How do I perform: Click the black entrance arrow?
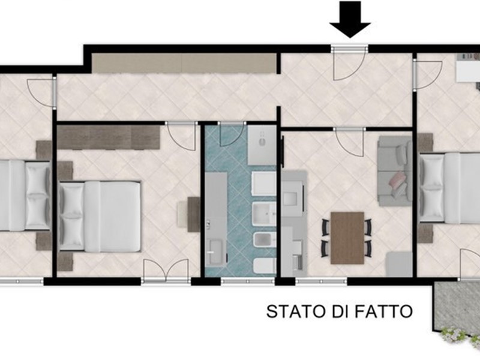350,19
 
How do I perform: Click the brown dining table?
347,238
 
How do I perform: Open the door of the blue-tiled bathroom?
232,134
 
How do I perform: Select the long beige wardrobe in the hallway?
184,64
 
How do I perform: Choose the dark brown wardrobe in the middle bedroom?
109,137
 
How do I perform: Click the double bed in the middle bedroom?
100,217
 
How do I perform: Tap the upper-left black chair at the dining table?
325,227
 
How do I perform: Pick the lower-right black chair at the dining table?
368,248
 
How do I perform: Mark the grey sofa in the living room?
395,171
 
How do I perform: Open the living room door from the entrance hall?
349,142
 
